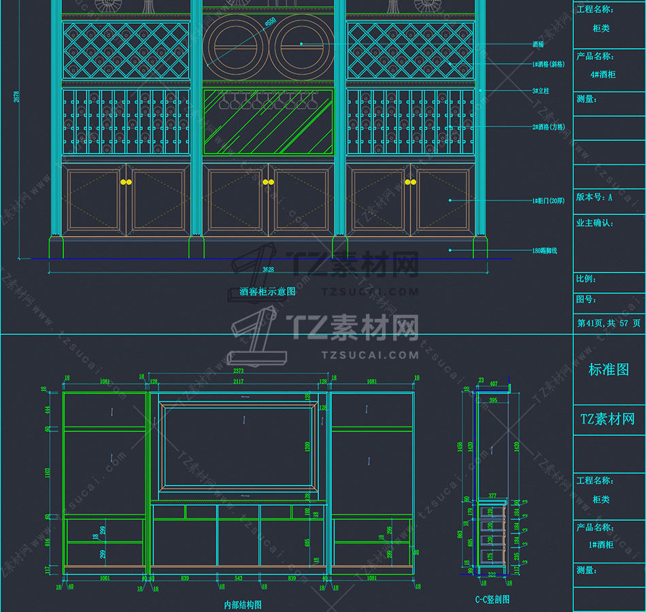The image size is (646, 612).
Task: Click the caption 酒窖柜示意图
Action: [267, 292]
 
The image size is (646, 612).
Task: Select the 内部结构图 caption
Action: [243, 604]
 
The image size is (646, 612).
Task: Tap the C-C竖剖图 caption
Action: [492, 599]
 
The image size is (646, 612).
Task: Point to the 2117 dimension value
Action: [238, 382]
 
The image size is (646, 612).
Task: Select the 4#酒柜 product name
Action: [603, 75]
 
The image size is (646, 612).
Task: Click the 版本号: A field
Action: [594, 197]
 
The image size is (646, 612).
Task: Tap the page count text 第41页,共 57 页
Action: [609, 324]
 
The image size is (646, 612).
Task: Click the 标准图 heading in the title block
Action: [609, 370]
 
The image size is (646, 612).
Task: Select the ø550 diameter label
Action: [270, 22]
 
